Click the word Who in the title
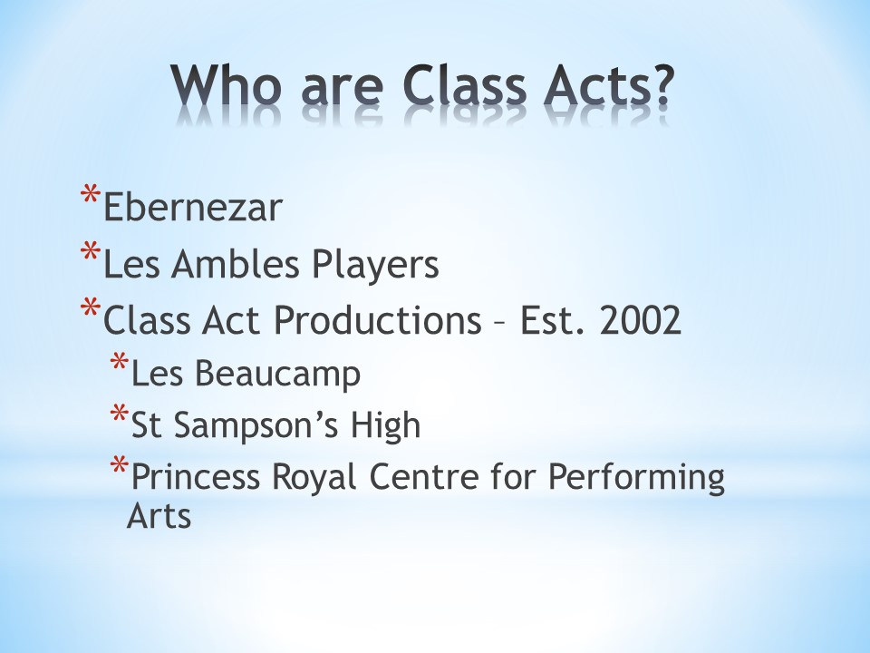(x=223, y=85)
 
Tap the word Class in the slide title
(x=464, y=85)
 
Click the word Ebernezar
(x=193, y=208)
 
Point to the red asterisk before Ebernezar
(x=91, y=196)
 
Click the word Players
(x=375, y=266)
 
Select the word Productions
(x=377, y=320)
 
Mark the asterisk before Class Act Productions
(x=91, y=308)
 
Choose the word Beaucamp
(x=277, y=374)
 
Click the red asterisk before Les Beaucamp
(x=120, y=362)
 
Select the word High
(x=384, y=425)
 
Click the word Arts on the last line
(x=159, y=516)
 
